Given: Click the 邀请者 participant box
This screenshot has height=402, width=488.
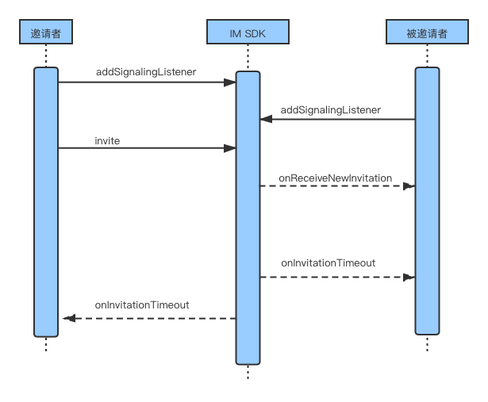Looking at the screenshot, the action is coord(46,32).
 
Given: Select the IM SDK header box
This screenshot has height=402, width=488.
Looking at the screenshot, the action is coord(248,32).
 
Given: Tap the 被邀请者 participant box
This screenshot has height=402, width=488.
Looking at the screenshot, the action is coord(427,32).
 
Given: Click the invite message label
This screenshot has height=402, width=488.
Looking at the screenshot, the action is coord(107,141).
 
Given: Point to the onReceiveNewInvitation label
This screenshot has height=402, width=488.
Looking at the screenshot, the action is coord(335,178).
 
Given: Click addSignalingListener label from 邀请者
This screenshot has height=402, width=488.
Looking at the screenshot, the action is coord(146,72).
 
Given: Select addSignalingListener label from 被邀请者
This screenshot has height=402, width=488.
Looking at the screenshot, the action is coord(331,109).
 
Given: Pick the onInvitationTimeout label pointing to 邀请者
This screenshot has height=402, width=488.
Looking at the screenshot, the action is coord(142,305).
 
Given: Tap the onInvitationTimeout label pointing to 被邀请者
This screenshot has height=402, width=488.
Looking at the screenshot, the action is coord(328,263).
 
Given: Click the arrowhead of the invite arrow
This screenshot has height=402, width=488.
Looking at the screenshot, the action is coord(230,148).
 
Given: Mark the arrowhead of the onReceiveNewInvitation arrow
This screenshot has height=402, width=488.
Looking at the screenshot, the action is coord(409,186).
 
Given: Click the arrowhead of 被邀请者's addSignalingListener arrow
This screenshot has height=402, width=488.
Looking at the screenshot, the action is coord(266,119).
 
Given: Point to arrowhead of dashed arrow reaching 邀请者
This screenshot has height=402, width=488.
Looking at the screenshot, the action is coord(69,319).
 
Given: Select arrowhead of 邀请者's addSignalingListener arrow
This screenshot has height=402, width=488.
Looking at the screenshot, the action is coord(230,82).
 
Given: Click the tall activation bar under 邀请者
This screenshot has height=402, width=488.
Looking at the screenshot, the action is coord(46,202).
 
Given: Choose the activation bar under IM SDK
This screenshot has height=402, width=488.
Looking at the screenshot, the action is coord(248,218).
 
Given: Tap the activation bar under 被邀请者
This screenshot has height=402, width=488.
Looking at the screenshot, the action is coord(427,201).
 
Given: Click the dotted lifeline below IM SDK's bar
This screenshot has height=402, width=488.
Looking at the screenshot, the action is coord(248,372).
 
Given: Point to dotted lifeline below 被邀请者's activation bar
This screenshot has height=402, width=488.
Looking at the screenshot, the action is coord(427,343).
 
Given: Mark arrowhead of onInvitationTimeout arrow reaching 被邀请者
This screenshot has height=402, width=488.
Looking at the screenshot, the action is coord(409,277).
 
